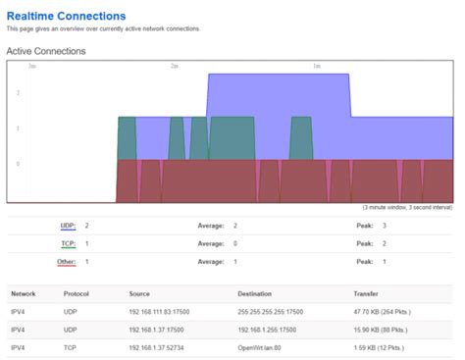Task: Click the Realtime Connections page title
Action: click(66, 16)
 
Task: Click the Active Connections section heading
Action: click(46, 50)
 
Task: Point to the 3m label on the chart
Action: click(32, 67)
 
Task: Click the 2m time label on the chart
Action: click(174, 67)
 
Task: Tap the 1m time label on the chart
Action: click(317, 67)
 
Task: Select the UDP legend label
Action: click(69, 226)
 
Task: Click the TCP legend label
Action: click(69, 243)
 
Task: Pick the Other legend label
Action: click(67, 262)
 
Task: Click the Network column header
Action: click(24, 293)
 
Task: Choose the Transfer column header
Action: click(366, 293)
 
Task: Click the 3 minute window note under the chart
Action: click(407, 208)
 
